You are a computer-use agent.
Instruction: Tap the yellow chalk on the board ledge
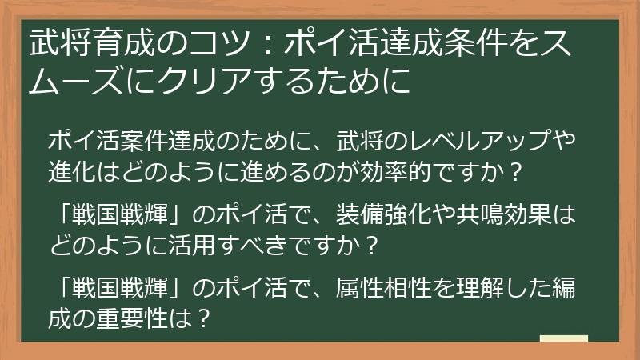click(x=564, y=338)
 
